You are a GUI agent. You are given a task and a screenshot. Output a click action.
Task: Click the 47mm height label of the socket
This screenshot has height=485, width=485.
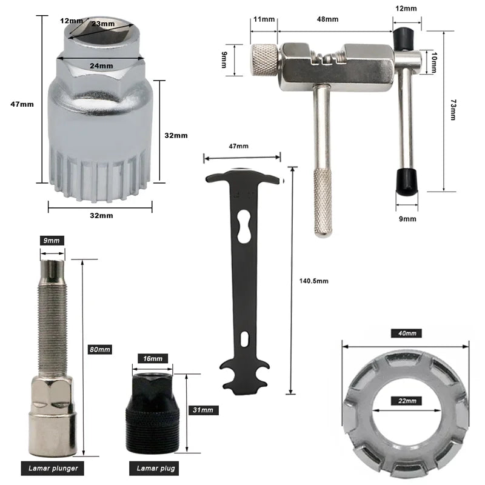click(x=22, y=104)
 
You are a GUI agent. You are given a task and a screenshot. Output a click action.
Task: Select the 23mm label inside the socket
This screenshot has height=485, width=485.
click(x=103, y=24)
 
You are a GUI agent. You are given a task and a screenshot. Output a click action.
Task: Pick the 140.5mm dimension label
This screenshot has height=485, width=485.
click(x=313, y=281)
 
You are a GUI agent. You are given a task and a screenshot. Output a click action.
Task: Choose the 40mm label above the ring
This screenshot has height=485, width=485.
click(x=406, y=333)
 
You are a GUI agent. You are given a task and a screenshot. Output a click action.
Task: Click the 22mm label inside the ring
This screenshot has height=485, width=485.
click(x=406, y=401)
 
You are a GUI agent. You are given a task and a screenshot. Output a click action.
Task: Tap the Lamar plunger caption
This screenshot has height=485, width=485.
click(x=53, y=469)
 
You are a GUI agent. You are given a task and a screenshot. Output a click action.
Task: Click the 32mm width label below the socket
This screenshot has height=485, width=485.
click(x=101, y=215)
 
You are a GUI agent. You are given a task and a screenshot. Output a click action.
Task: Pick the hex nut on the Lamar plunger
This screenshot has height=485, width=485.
click(x=53, y=391)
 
